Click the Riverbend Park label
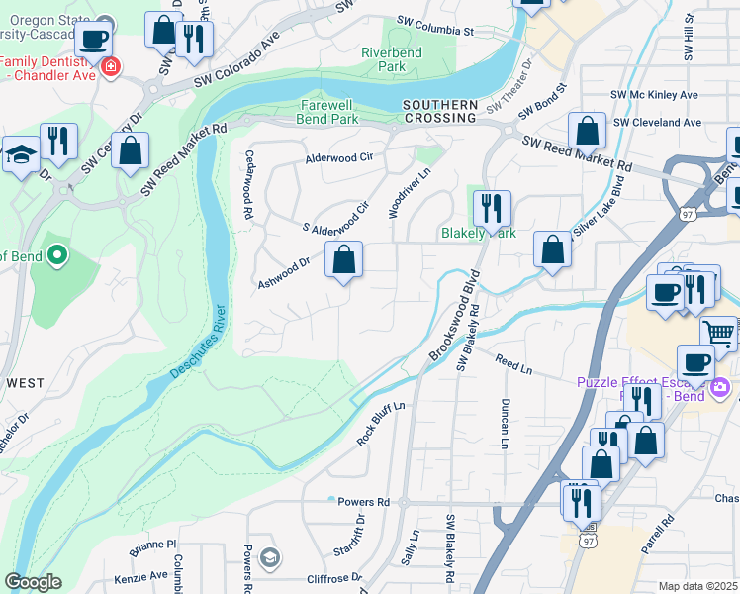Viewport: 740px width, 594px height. click(384, 59)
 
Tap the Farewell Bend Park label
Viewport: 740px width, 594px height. click(327, 112)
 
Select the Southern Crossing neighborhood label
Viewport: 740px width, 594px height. click(440, 111)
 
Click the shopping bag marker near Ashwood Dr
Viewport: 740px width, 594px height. click(343, 261)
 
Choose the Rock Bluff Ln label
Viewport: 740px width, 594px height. click(381, 424)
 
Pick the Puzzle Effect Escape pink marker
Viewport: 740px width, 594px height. click(719, 385)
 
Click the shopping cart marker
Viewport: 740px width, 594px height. click(719, 333)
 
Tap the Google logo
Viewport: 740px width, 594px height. click(33, 581)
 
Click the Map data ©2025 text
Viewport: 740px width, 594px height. click(697, 586)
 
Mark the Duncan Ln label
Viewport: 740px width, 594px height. click(505, 424)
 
